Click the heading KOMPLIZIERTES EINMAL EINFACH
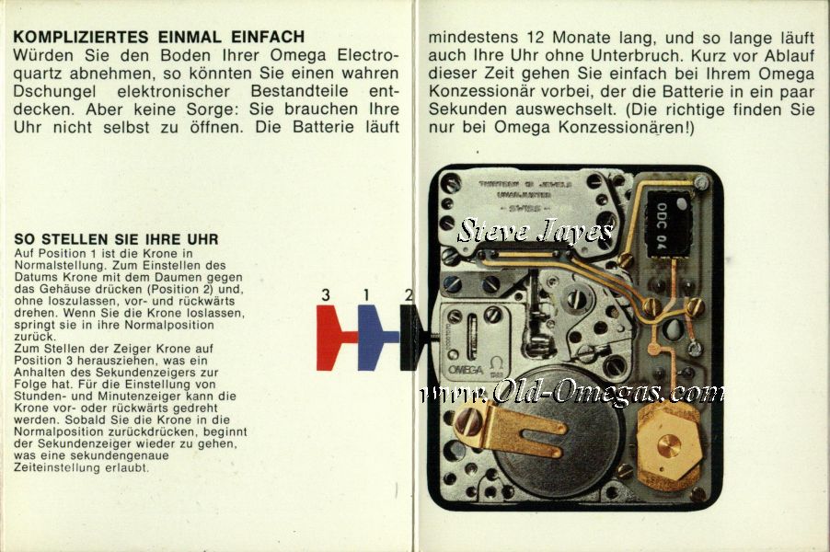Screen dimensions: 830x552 pos(159,37)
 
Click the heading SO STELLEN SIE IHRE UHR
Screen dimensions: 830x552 pos(117,239)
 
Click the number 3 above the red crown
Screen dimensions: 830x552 pos(326,294)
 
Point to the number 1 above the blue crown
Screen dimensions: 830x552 pos(366,294)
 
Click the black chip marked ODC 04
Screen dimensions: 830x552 pos(668,224)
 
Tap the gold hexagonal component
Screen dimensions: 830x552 pos(670,447)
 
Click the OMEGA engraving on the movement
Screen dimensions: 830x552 pos(466,370)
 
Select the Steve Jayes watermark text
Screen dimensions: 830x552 pos(536,231)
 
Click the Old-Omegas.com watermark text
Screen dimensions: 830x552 pos(571,393)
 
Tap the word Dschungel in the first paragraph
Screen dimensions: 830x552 pos(55,92)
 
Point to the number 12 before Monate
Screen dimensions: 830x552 pos(536,38)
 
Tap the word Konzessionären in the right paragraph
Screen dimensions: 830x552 pos(624,128)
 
